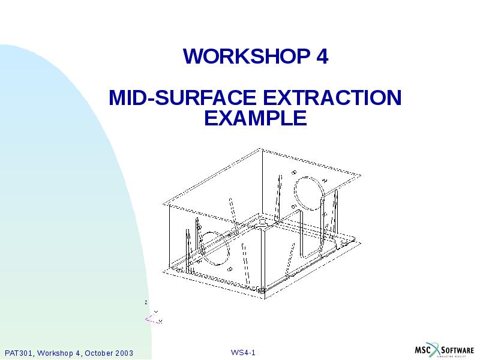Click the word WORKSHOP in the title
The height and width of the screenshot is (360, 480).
click(x=245, y=56)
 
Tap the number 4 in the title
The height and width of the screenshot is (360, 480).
click(x=322, y=56)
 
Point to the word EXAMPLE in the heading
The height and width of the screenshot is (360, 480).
click(x=255, y=118)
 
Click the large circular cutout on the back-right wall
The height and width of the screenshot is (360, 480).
click(x=309, y=190)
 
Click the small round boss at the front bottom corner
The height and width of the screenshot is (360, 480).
click(x=264, y=292)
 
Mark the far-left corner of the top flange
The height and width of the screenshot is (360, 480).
click(x=163, y=202)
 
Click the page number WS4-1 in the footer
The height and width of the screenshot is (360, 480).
click(x=244, y=352)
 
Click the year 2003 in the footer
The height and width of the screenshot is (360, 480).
click(x=123, y=352)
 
